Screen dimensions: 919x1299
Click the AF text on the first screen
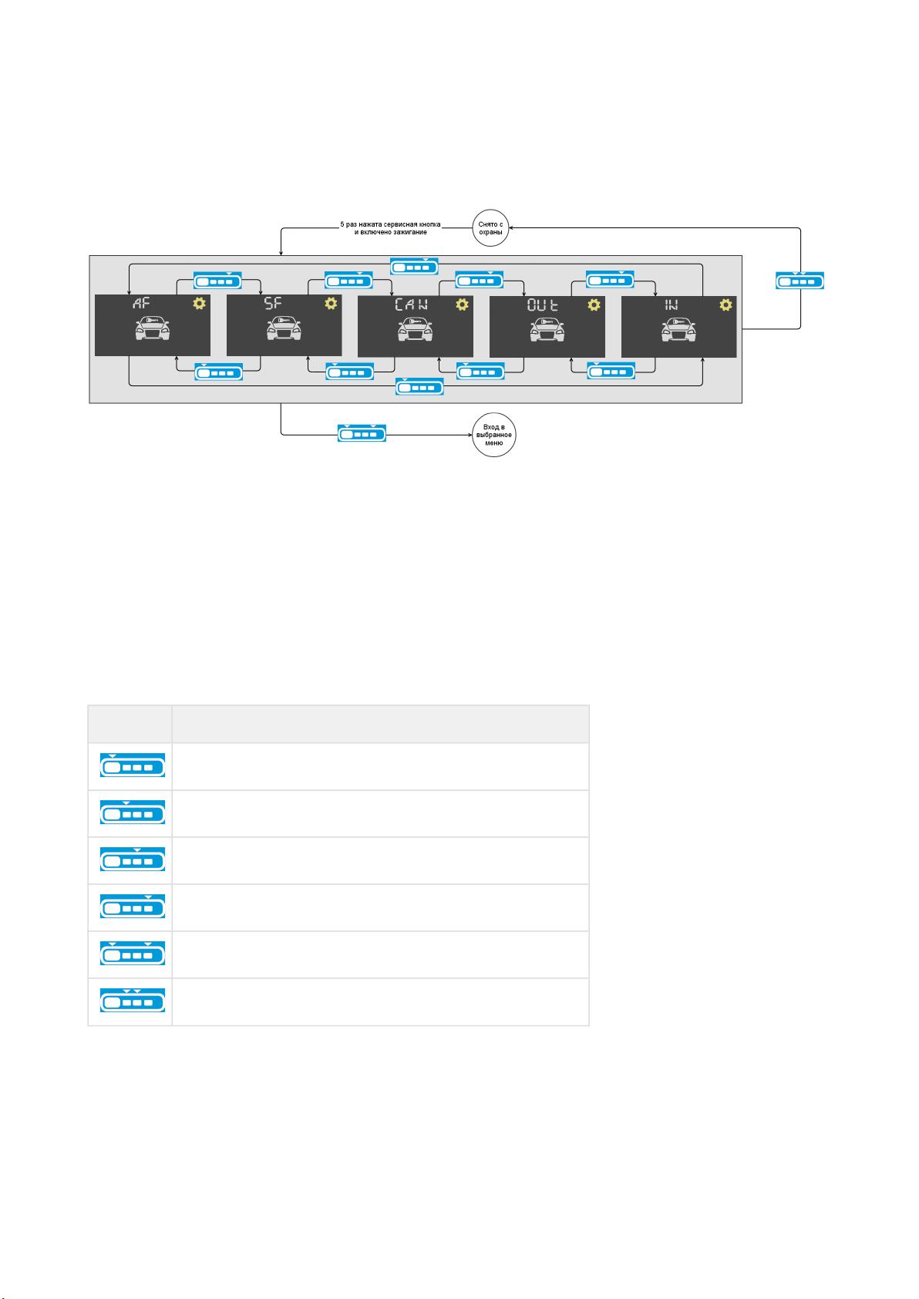(x=141, y=303)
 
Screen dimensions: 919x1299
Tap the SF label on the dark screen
(x=272, y=303)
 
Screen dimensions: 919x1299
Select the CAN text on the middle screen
(x=411, y=305)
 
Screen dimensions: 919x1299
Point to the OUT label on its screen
(x=543, y=305)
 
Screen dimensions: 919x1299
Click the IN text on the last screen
(x=671, y=305)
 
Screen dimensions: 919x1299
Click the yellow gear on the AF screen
(x=199, y=303)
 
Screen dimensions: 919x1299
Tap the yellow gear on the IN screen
(x=725, y=305)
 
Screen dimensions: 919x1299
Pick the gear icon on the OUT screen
(x=594, y=305)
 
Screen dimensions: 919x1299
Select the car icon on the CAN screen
(x=415, y=329)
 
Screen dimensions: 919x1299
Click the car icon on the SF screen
(x=284, y=328)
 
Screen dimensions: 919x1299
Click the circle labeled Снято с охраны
(x=490, y=228)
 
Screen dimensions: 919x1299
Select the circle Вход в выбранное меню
(x=494, y=435)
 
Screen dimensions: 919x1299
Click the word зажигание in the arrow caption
(x=409, y=232)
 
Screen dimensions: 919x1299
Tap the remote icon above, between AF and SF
(x=217, y=281)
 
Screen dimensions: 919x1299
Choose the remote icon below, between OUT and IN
(x=611, y=371)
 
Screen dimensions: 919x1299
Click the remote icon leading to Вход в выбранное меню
(x=362, y=433)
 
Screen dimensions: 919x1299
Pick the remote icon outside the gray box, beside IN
(x=800, y=281)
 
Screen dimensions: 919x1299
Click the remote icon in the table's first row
(x=132, y=765)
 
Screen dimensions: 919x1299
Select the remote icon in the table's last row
(x=132, y=1000)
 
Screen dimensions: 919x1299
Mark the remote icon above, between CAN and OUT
(x=480, y=280)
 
